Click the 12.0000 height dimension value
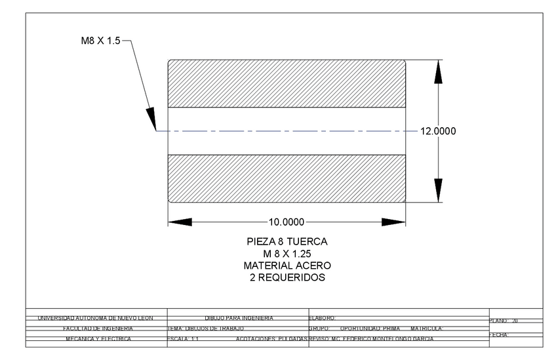[x=437, y=131]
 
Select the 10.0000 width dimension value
[x=287, y=221]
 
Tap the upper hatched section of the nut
[x=287, y=83]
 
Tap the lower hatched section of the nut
[x=287, y=178]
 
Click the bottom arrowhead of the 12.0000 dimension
[x=437, y=191]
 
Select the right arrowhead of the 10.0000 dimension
[x=393, y=221]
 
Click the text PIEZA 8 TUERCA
[x=287, y=242]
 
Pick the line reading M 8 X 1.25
[x=287, y=254]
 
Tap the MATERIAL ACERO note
[x=287, y=266]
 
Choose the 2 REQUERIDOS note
[x=287, y=277]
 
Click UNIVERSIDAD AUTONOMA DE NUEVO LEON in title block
[x=95, y=318]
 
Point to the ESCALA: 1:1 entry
[x=184, y=339]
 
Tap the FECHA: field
[x=500, y=334]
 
